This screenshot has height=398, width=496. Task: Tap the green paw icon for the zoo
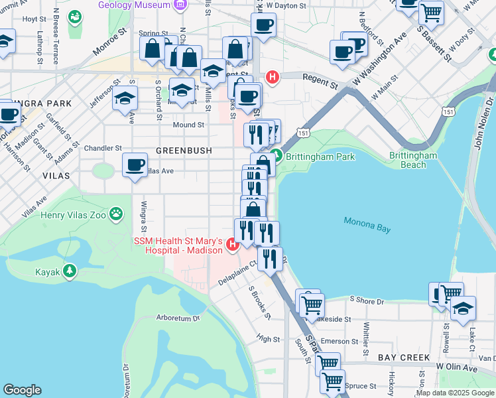(117, 214)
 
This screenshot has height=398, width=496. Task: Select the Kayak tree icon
(69, 271)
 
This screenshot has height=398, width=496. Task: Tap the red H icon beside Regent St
(271, 78)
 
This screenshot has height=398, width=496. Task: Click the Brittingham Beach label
(413, 160)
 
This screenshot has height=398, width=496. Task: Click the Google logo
(23, 390)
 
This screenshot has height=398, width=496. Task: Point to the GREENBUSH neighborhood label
(184, 151)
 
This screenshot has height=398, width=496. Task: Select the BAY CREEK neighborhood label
(404, 358)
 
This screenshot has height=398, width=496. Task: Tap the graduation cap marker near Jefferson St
(124, 99)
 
